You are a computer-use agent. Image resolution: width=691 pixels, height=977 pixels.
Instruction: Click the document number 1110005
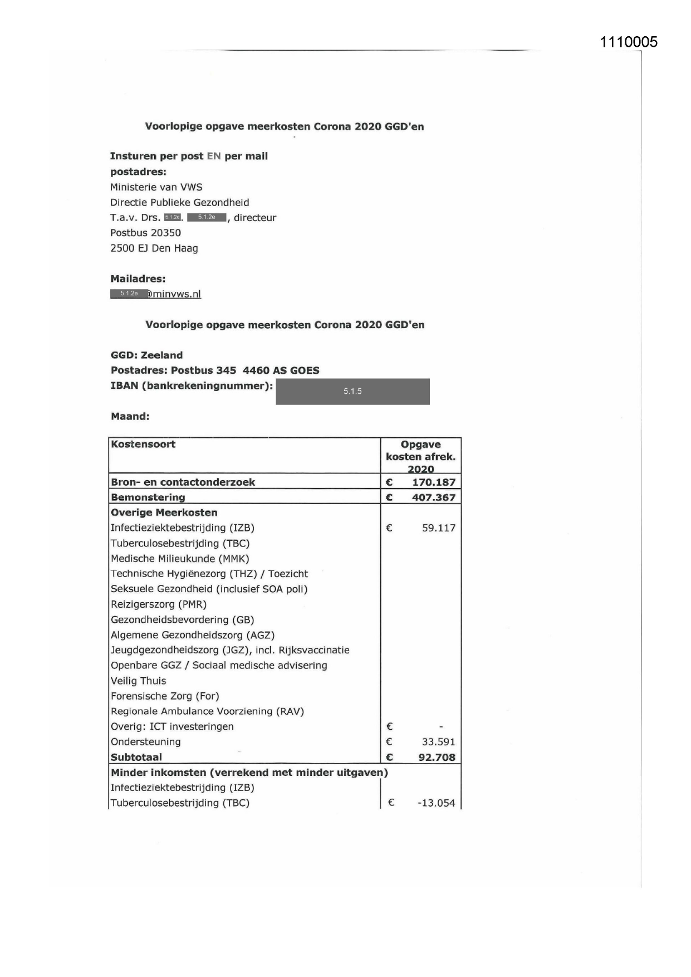(629, 42)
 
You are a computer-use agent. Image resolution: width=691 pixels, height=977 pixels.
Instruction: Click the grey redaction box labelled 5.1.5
(352, 391)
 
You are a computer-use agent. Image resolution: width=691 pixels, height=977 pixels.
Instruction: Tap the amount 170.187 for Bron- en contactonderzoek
(433, 482)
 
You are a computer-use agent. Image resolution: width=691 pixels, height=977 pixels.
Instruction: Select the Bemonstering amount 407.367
(433, 497)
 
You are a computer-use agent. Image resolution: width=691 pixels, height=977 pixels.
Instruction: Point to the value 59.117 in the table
(438, 528)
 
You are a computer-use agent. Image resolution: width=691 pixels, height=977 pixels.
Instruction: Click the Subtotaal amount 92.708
(437, 757)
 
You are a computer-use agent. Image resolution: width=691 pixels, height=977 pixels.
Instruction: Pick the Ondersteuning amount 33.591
(438, 742)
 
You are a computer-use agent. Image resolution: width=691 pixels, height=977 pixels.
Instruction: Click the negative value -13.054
(436, 803)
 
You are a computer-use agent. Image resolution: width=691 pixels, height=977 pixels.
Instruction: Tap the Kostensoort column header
(143, 444)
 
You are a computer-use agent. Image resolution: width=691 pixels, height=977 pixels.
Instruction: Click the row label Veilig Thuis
(138, 681)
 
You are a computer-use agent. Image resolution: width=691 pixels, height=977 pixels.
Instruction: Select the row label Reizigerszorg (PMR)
(158, 604)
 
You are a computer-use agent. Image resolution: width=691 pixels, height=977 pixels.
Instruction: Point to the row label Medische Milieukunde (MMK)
(180, 559)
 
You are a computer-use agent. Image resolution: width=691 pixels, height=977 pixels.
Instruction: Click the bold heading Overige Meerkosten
(164, 512)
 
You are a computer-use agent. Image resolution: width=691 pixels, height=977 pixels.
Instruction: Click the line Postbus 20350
(145, 233)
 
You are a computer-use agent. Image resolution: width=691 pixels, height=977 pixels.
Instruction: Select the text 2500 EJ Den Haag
(154, 248)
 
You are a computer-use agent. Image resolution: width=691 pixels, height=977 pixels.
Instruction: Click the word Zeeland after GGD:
(161, 355)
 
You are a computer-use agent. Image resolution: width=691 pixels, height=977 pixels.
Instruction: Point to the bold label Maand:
(130, 416)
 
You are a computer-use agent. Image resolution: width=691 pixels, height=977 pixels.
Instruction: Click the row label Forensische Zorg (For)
(165, 696)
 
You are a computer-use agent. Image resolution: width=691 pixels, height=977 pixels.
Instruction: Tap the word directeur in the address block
(254, 218)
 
